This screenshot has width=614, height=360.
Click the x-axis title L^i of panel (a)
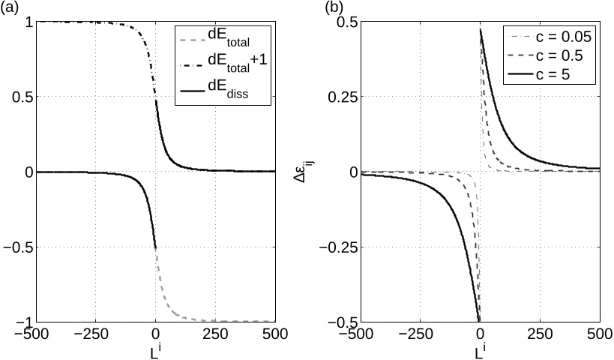[154, 351]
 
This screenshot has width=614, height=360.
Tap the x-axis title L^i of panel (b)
[479, 351]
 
